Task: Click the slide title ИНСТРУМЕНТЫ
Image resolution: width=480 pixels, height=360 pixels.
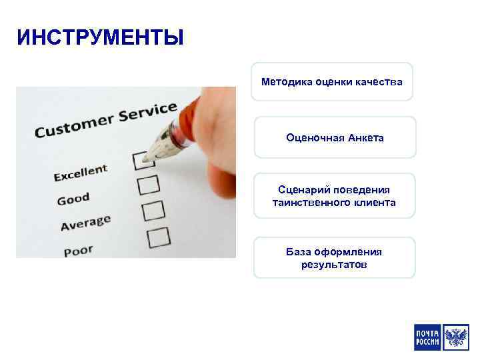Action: pyautogui.click(x=100, y=37)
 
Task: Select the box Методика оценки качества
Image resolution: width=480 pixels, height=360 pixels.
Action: pyautogui.click(x=331, y=82)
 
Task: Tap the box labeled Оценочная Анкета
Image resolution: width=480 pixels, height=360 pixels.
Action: pyautogui.click(x=335, y=137)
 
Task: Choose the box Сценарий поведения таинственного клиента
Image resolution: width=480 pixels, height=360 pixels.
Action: pyautogui.click(x=334, y=196)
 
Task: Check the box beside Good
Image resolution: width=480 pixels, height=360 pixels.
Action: pyautogui.click(x=147, y=184)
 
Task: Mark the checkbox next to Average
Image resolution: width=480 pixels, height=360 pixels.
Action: pyautogui.click(x=153, y=210)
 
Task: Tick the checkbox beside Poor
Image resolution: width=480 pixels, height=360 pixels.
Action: pyautogui.click(x=158, y=236)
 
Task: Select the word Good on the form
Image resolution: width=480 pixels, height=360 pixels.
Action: pyautogui.click(x=73, y=199)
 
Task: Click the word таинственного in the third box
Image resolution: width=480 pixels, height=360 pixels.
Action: pyautogui.click(x=307, y=202)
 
